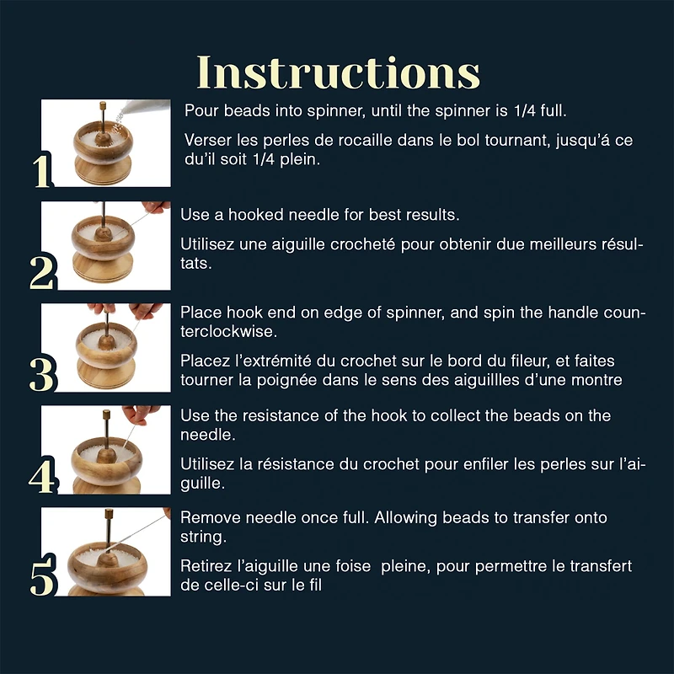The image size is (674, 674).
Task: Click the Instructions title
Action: tap(339, 72)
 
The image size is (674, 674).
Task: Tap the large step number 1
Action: tap(42, 171)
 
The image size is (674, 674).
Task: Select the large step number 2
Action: tap(42, 272)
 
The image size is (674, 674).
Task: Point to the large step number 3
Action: tap(42, 374)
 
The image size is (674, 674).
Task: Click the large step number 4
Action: tap(42, 476)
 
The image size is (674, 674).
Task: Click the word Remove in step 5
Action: tap(211, 517)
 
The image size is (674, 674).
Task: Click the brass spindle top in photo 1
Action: tap(103, 106)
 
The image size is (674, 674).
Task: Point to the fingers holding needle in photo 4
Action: tap(140, 414)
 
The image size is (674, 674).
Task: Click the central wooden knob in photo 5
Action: tap(108, 559)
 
